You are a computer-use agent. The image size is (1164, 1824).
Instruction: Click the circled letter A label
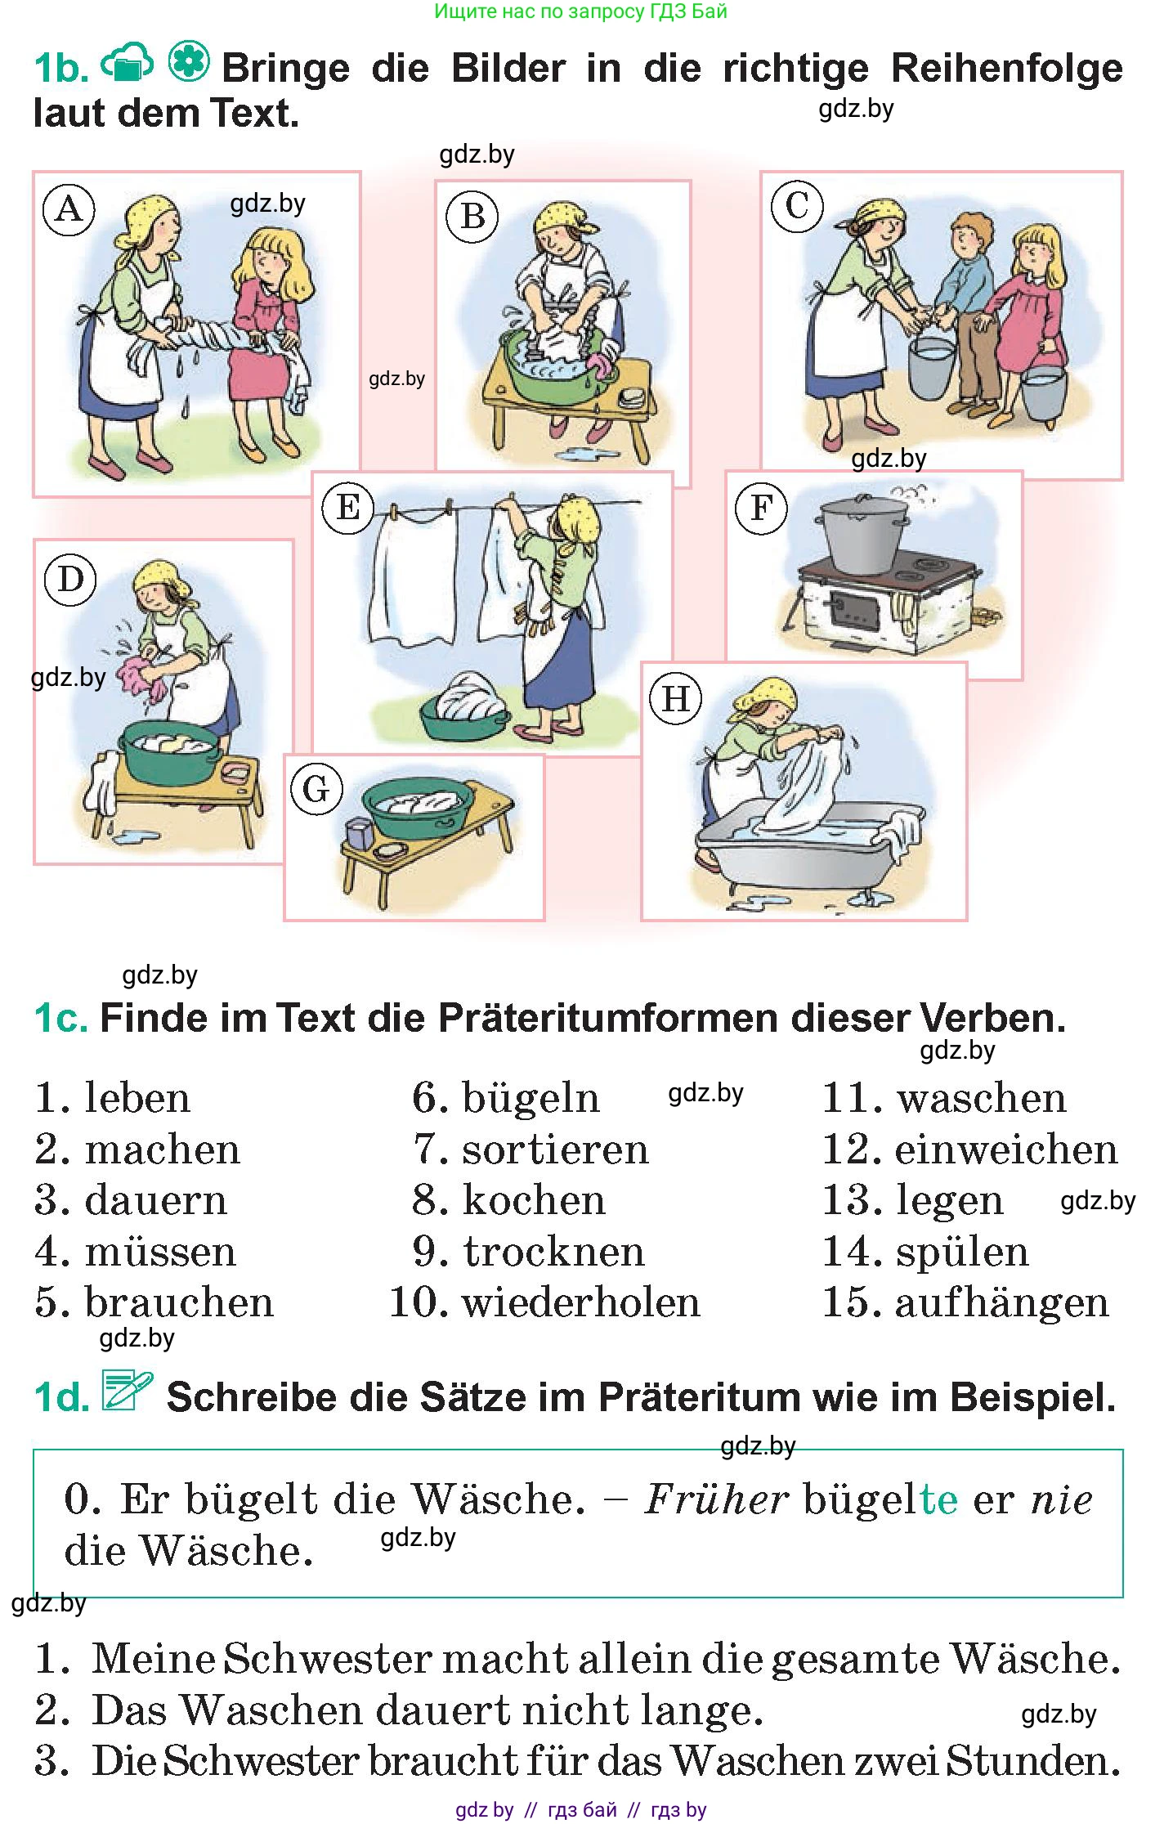tap(69, 210)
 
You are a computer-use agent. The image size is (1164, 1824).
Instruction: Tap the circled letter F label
tap(761, 508)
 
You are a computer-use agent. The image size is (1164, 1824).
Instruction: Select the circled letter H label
tap(675, 699)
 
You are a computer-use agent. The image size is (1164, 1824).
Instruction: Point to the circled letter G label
tap(316, 789)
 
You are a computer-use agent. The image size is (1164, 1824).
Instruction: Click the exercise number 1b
tap(61, 69)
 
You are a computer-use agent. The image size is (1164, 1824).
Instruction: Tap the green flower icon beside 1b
tap(190, 62)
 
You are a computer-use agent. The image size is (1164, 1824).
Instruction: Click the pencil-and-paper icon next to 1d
tap(128, 1391)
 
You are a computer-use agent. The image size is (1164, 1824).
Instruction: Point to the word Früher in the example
tap(716, 1499)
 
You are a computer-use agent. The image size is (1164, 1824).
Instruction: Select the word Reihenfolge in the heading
tap(1006, 68)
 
